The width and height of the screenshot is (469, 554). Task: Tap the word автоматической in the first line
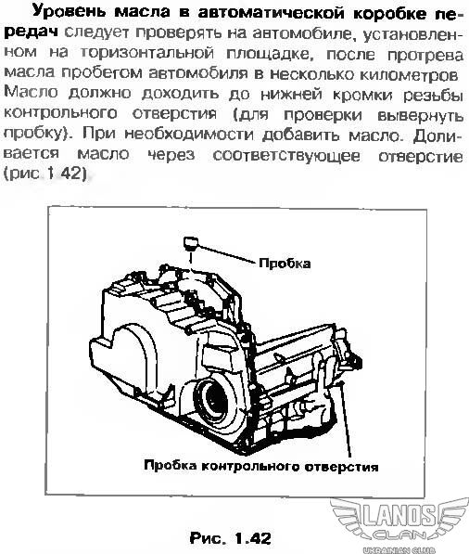271,13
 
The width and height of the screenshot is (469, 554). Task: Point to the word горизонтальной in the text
147,53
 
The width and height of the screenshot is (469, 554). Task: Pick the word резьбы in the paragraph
433,95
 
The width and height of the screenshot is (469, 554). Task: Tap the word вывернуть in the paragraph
420,116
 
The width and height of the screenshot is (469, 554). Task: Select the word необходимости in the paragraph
189,135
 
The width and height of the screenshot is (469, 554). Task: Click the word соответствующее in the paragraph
286,156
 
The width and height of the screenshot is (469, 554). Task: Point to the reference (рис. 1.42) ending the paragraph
44,174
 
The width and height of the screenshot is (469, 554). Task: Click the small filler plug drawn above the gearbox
191,243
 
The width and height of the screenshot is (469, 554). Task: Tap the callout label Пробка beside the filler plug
285,264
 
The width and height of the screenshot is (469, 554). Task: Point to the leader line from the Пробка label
226,253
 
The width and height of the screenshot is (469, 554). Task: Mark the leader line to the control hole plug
346,419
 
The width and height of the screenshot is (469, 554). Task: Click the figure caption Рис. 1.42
231,537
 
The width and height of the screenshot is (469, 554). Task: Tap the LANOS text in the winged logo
398,514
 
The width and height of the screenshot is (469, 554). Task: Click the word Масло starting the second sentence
31,92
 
